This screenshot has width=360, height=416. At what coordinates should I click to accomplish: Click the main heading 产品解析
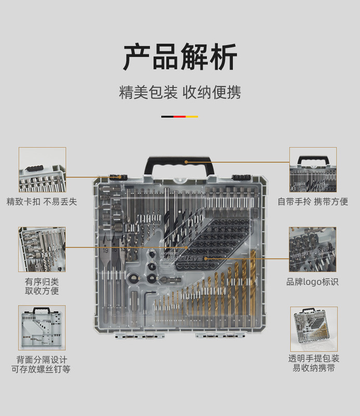click(x=180, y=57)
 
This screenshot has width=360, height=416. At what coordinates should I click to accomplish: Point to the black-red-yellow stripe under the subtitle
click(x=179, y=116)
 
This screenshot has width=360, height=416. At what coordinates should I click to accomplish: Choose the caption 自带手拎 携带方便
click(x=313, y=201)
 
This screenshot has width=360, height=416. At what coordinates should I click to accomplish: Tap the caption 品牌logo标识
click(x=312, y=282)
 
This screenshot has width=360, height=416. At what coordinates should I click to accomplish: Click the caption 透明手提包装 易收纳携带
click(x=314, y=363)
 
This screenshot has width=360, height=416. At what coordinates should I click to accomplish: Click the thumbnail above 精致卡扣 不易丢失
click(x=42, y=170)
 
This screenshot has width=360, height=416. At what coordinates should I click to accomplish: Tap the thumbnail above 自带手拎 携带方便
click(x=313, y=170)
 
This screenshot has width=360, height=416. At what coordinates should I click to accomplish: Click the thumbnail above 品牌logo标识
click(x=312, y=249)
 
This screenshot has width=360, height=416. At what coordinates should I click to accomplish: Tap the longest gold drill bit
click(x=253, y=291)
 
